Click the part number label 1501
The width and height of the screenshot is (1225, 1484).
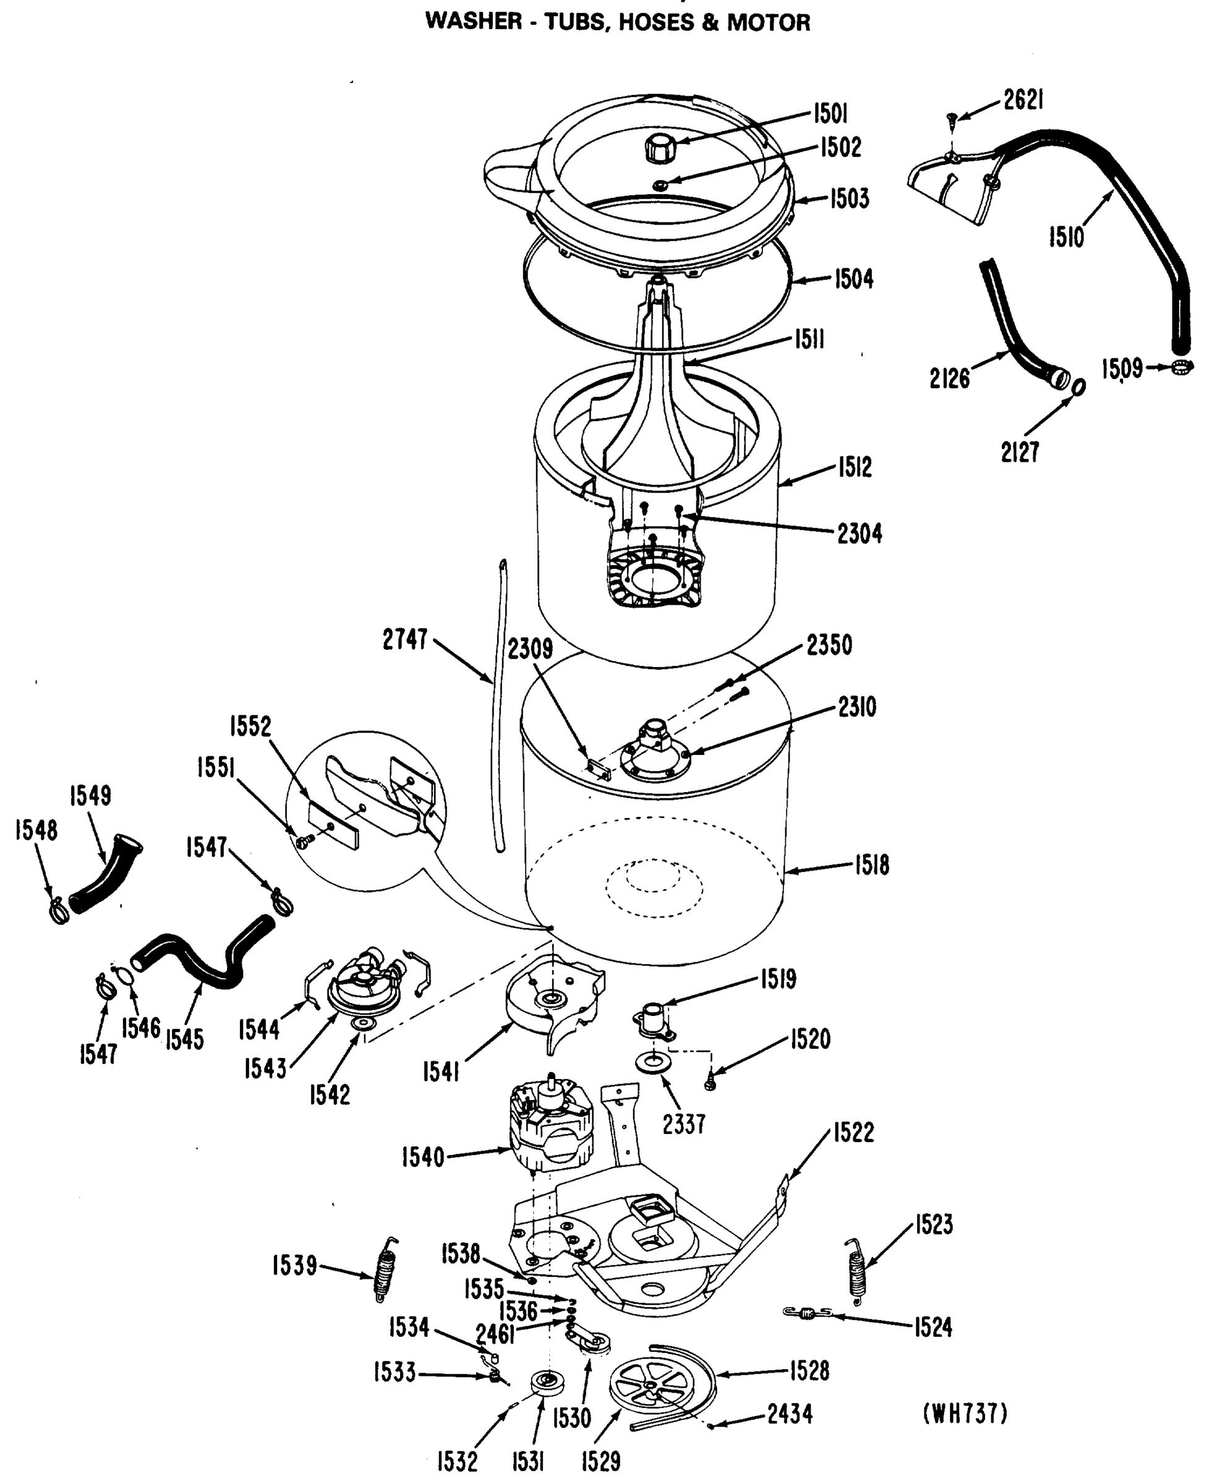coord(830,113)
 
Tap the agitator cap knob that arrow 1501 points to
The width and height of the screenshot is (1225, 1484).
coord(660,149)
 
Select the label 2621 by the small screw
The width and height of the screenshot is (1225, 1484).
coord(1023,101)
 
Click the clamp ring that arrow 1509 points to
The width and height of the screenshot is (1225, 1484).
coord(1182,366)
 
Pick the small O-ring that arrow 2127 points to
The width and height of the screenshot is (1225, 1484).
coord(1078,388)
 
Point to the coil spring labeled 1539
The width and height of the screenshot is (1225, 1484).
coord(385,1270)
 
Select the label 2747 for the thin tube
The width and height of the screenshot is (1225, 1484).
coord(405,639)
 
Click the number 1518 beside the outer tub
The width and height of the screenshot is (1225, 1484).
coord(871,865)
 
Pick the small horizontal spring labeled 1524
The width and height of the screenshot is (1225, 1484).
coord(807,1313)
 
